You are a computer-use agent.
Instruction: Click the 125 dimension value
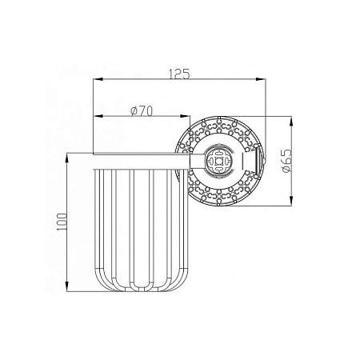click(179, 74)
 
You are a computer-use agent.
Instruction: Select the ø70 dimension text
click(142, 111)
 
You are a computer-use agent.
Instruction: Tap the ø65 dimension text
click(286, 161)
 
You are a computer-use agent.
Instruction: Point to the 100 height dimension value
click(62, 222)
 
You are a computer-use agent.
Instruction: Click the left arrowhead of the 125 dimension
click(98, 79)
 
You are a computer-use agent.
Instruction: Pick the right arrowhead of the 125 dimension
click(261, 79)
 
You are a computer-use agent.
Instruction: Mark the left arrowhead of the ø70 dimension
click(98, 116)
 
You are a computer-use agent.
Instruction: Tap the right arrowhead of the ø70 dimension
click(185, 116)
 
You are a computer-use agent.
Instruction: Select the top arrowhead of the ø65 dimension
click(291, 122)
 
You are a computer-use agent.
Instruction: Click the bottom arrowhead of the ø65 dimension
click(291, 201)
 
